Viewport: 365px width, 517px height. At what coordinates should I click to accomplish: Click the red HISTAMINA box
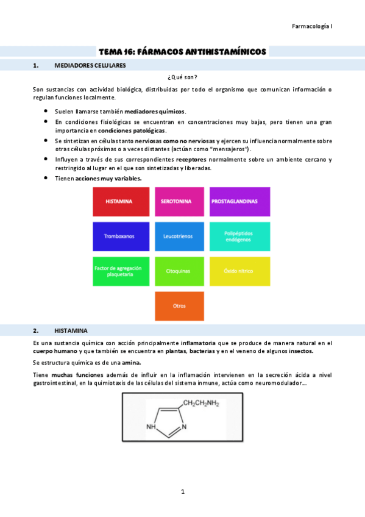coord(121,201)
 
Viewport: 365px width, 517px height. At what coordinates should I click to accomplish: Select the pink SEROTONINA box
coord(179,201)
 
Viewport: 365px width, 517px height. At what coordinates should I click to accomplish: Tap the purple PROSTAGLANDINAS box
coord(239,201)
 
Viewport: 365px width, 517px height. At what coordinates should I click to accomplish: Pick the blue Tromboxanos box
coord(121,236)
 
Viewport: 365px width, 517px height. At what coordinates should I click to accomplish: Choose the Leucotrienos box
coord(179,236)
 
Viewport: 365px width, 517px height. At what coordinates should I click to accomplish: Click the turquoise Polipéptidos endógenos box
coord(239,236)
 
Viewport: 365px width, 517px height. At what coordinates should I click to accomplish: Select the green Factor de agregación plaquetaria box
coord(121,271)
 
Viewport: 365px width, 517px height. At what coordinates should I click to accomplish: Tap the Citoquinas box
coord(179,271)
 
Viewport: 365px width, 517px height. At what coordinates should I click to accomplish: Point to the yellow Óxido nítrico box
coord(239,271)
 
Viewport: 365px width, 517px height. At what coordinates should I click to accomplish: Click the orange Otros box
coord(179,305)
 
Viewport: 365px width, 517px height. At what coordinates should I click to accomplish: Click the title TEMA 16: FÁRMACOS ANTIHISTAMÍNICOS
coord(183,52)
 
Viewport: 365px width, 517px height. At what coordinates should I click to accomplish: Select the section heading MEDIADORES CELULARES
coord(90,65)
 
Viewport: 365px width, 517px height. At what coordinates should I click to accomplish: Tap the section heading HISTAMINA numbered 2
coord(71,330)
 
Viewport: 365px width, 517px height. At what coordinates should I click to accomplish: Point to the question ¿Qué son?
coord(182,77)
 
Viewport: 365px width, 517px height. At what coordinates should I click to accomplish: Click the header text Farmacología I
coord(312,26)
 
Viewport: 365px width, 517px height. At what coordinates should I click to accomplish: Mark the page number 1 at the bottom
coord(182,491)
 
